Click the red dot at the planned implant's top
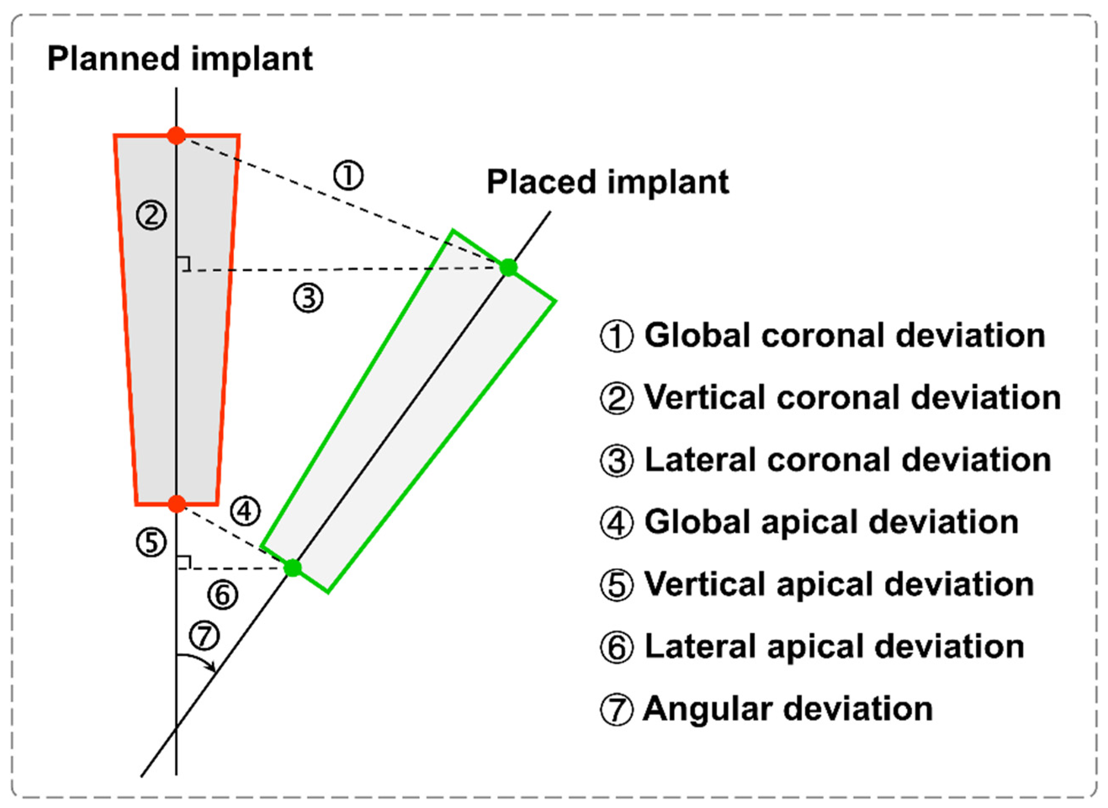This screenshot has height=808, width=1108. point(176,135)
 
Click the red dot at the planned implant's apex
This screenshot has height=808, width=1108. point(177,503)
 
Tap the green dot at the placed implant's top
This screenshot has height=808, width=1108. point(509,267)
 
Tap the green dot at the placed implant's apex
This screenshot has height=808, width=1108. point(293,568)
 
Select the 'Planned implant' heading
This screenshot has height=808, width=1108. point(180,59)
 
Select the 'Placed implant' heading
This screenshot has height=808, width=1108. point(607,182)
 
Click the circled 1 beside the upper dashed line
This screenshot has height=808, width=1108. point(348,176)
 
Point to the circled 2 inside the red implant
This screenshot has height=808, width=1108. point(151,215)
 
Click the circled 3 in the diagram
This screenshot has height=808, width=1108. point(308,298)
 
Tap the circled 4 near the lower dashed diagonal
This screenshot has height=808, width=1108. point(245,512)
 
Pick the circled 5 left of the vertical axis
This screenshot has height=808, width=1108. point(151,542)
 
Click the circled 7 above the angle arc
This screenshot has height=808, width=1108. point(204,635)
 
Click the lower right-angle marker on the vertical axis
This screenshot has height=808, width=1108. point(183,562)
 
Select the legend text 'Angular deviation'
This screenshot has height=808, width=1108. point(787,709)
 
